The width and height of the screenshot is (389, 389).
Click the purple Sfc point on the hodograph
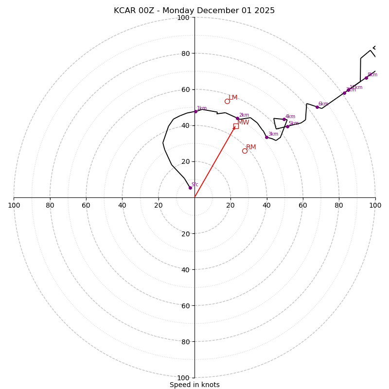tap(190, 188)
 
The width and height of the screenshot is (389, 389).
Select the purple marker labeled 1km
tap(196, 111)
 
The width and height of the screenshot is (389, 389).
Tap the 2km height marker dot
tap(237, 118)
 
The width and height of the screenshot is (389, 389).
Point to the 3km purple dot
tap(266, 137)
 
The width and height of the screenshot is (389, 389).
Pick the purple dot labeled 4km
tap(284, 119)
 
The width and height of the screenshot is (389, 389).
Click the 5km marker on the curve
tap(287, 126)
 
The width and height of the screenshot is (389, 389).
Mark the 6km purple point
tap(317, 107)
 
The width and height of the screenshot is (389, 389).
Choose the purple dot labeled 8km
tap(366, 78)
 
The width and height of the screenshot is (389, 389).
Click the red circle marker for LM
tap(227, 101)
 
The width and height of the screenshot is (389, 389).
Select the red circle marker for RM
tap(245, 151)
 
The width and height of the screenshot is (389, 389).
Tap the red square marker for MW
tap(236, 126)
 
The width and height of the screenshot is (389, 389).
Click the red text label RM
tap(251, 147)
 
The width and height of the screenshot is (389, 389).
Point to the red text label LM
tap(233, 98)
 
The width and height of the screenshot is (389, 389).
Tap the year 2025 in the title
tap(265, 11)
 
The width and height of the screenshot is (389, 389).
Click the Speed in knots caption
tap(194, 385)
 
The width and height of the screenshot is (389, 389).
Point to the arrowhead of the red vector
tap(234, 128)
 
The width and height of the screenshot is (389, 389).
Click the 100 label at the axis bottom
tap(183, 378)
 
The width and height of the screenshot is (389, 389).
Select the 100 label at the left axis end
tap(14, 206)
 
